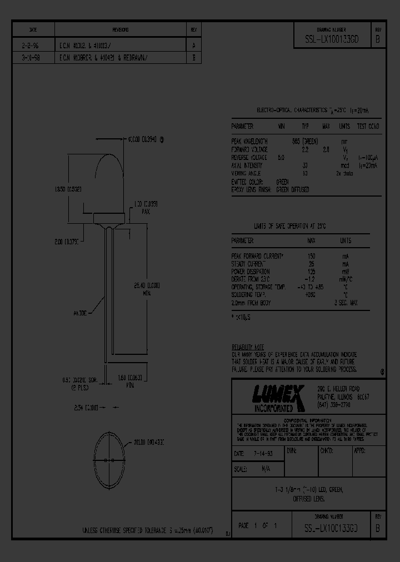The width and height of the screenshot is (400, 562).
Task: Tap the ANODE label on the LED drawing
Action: tap(79, 313)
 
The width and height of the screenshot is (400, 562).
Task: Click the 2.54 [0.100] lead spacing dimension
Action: tap(86, 408)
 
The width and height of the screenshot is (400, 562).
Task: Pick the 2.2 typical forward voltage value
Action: tap(305, 150)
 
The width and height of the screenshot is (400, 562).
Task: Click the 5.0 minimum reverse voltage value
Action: tap(281, 158)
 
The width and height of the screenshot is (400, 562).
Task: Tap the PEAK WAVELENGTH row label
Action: tap(250, 142)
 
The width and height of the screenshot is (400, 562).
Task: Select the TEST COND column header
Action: tap(368, 127)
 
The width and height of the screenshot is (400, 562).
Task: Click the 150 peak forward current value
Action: tap(311, 256)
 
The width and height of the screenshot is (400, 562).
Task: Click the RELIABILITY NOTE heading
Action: tap(248, 346)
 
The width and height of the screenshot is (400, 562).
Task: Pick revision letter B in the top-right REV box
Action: tap(378, 39)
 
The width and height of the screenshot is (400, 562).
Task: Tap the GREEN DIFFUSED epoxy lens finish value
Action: tap(293, 189)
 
